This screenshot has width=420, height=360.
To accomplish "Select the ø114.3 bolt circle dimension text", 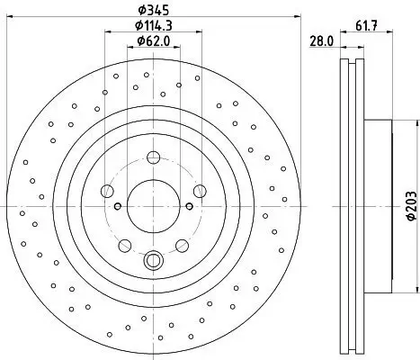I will pyautogui.click(x=154, y=26).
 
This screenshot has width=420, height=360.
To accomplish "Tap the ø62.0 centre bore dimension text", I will pyautogui.click(x=154, y=40).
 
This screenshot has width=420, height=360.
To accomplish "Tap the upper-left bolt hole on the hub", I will pyautogui.click(x=109, y=190).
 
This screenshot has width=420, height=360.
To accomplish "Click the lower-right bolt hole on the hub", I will pyautogui.click(x=181, y=244).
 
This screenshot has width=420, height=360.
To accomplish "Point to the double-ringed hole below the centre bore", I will pyautogui.click(x=153, y=262).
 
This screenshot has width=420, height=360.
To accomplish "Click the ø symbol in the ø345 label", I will pyautogui.click(x=141, y=11).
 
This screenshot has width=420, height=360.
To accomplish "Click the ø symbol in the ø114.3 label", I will pyautogui.click(x=138, y=26).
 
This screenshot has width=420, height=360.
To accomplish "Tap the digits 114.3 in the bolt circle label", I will pyautogui.click(x=158, y=26).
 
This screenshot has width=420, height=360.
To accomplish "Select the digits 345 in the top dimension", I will pyautogui.click(x=158, y=11).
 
